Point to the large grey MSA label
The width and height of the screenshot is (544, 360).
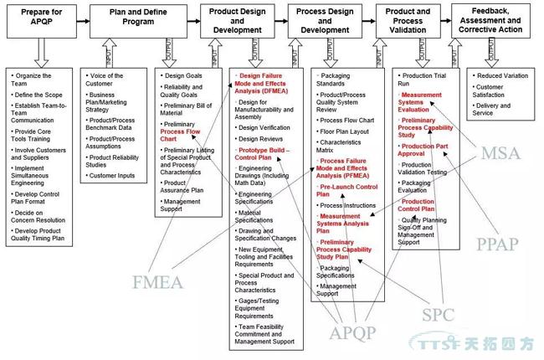pos(502,154)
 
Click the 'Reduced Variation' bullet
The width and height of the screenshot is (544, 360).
pos(503,75)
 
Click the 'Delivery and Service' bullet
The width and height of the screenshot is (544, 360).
pos(495,110)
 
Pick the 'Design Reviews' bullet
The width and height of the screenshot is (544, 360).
pos(260,138)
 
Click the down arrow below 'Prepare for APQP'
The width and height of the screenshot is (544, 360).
pos(38,54)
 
